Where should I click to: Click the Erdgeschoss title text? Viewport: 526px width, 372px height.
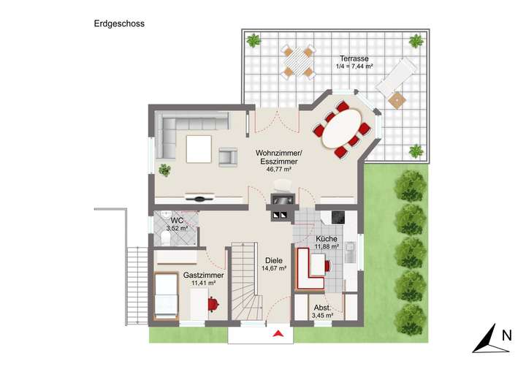(119, 23)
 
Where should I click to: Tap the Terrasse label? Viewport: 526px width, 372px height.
(354, 58)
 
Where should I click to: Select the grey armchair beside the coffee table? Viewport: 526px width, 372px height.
(228, 156)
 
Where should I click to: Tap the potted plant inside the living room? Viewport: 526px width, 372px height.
(165, 170)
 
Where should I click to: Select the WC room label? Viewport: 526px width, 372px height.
(177, 221)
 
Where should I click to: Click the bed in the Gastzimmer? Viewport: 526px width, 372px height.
(167, 296)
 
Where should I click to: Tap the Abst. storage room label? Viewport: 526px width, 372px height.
(322, 308)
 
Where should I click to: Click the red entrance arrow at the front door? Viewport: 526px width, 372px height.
(278, 334)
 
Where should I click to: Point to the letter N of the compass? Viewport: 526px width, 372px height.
(506, 337)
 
